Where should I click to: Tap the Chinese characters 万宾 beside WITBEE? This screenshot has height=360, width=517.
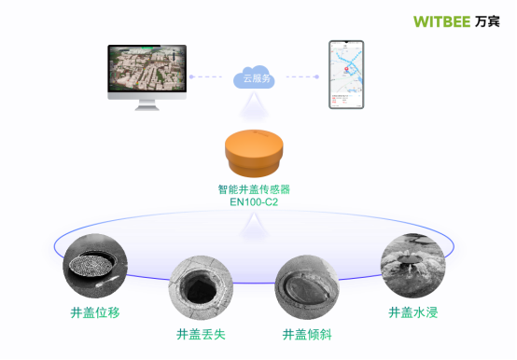[x=487, y=21]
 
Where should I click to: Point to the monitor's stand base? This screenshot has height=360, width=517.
[x=147, y=107]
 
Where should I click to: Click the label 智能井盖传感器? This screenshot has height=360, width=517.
[x=254, y=188]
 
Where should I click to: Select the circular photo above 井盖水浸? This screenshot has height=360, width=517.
[x=412, y=264]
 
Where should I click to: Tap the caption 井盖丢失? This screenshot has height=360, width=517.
[x=201, y=334]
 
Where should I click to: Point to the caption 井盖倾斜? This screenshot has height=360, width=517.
[x=307, y=334]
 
